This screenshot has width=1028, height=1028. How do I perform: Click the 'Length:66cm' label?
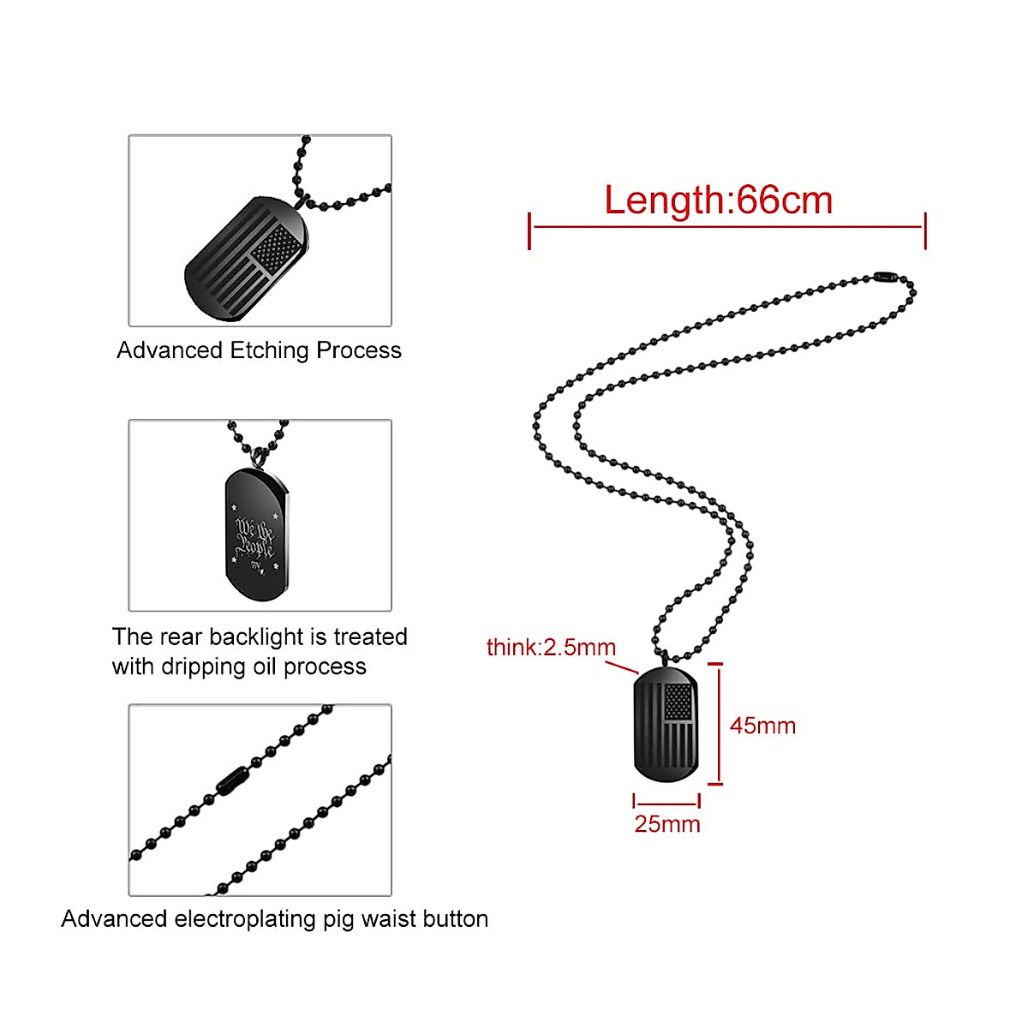718,200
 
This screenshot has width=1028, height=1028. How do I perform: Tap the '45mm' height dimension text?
762,726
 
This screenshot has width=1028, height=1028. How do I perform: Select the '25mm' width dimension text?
666,824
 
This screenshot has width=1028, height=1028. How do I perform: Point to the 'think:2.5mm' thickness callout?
551,647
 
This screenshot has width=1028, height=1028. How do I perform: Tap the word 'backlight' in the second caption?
256,637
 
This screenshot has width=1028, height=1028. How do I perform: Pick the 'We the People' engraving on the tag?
254,538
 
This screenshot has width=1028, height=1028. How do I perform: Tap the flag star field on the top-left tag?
278,248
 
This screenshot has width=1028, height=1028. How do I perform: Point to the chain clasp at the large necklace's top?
884,278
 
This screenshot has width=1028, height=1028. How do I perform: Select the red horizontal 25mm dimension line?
666,804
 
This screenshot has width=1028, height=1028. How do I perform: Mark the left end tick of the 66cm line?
530,231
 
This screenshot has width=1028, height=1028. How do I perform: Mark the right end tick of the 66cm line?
925,231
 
